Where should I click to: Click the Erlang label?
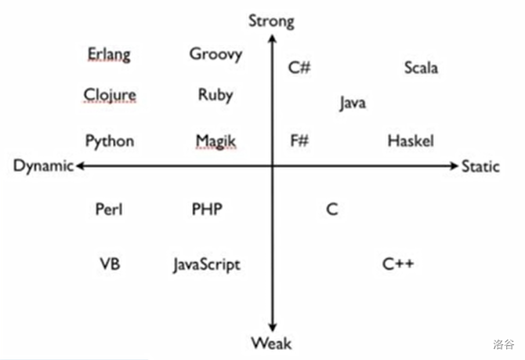coord(109,55)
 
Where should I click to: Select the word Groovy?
coord(215,54)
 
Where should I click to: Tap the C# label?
coord(299,67)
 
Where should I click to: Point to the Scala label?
coord(421,67)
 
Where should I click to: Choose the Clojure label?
coord(110,96)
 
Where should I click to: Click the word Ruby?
coord(215,95)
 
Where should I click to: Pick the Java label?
coord(353,103)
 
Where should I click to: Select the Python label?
coord(110,141)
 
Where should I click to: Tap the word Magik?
coord(215,141)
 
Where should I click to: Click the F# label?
coord(299,141)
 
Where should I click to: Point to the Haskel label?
coord(411,141)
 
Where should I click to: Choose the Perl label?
coord(109,209)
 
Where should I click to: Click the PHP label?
coord(207,209)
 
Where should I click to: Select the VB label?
coord(109,263)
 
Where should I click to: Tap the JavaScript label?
coord(207,264)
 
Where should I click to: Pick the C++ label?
coord(398,263)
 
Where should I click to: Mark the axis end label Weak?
coord(271,343)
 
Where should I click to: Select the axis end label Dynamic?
coord(43,166)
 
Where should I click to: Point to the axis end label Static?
coord(480,166)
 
